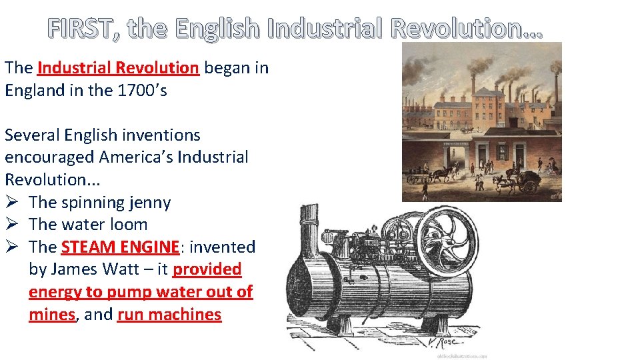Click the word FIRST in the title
(x=79, y=29)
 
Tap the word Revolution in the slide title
(x=466, y=29)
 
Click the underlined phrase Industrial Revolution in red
(x=119, y=67)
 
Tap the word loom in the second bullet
(x=127, y=225)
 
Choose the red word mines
(x=51, y=315)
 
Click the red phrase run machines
(x=169, y=315)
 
